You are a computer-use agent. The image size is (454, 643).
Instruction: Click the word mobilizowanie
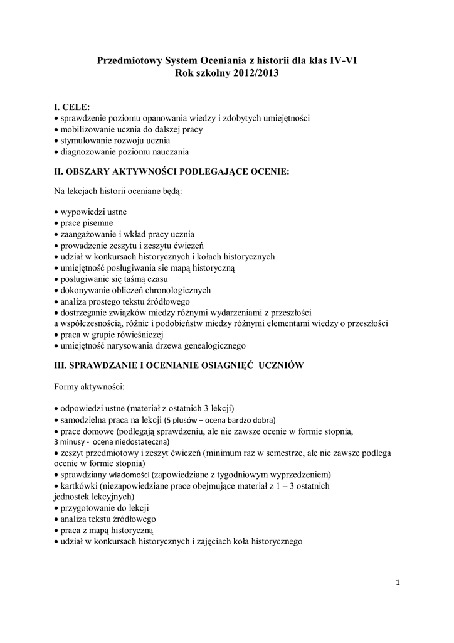point(87,129)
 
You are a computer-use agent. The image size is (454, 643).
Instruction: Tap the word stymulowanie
point(85,141)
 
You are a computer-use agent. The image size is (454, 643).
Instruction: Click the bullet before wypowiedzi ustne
point(56,212)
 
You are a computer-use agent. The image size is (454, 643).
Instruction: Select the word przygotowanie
point(88,508)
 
